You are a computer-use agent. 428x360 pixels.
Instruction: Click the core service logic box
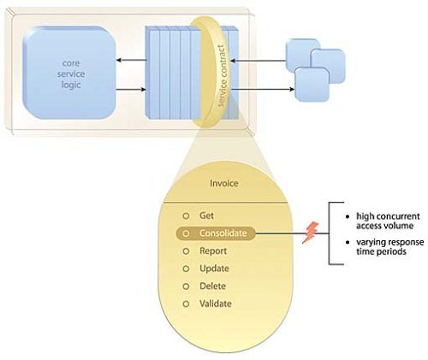pos(69,73)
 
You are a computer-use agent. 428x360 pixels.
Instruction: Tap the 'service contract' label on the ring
pos(223,76)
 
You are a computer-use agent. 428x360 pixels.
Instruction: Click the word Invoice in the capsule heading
pos(224,183)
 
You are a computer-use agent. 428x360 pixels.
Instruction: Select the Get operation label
pos(206,215)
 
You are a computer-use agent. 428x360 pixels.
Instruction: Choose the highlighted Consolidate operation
pos(216,233)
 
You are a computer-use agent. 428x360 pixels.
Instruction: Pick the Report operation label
pos(213,251)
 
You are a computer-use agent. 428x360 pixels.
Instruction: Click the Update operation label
pos(214,269)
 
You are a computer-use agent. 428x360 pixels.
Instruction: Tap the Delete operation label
pos(212,286)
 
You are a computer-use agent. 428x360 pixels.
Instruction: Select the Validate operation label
pos(216,304)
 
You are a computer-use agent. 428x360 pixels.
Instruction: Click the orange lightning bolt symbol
pos(311,233)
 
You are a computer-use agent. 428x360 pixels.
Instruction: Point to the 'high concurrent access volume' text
pos(388,221)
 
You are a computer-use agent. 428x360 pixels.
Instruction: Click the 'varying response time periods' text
pos(389,247)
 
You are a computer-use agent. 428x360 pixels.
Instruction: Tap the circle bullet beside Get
pos(186,216)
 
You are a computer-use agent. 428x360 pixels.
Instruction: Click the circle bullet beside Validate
pos(186,304)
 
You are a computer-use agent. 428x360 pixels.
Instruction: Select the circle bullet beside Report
pos(186,251)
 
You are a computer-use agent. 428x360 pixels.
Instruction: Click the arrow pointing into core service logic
pos(132,60)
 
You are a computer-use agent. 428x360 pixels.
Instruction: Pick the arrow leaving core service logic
pos(131,90)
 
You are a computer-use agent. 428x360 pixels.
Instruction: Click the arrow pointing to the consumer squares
pos(262,89)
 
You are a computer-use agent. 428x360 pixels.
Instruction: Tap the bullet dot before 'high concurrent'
pos(348,217)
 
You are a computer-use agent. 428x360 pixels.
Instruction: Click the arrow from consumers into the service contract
pos(259,61)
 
